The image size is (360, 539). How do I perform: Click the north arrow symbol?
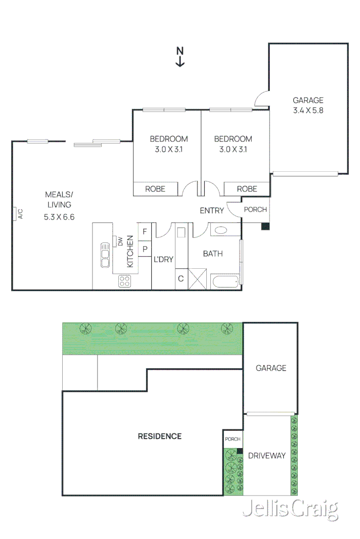tap(180, 57)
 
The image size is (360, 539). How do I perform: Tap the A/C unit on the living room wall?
tap(17, 214)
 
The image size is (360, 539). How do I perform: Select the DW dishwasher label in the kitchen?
tap(120, 241)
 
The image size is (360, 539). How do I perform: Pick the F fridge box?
tap(145, 231)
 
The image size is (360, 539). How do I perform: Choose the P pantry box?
tap(145, 249)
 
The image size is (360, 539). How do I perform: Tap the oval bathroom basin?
tap(221, 230)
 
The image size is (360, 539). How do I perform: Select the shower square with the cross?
tap(198, 279)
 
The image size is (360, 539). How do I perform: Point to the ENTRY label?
tap(211, 211)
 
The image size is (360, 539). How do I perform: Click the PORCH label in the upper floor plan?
tap(255, 210)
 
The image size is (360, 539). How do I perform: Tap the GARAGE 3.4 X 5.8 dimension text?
tap(308, 111)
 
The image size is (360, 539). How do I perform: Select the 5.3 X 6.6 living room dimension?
tap(59, 217)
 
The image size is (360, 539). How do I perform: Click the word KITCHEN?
tap(130, 251)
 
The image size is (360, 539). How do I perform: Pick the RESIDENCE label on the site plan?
tap(160, 436)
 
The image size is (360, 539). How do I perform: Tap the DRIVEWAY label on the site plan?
tap(266, 456)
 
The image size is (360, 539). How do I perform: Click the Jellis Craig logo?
tap(290, 510)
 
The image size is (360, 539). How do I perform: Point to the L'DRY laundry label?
tap(163, 259)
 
